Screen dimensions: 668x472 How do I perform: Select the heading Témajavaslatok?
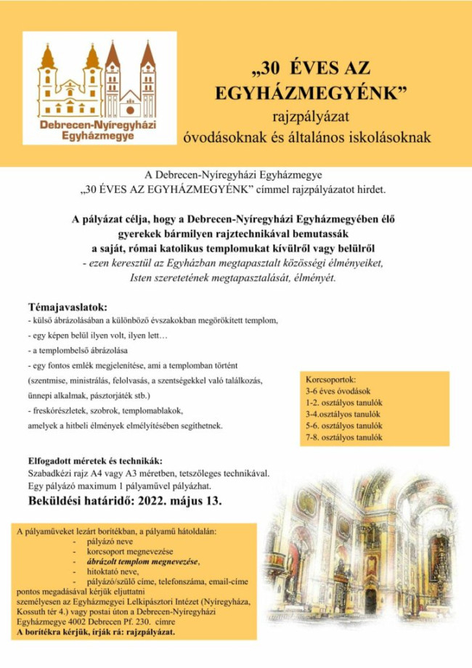coord(68,306)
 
